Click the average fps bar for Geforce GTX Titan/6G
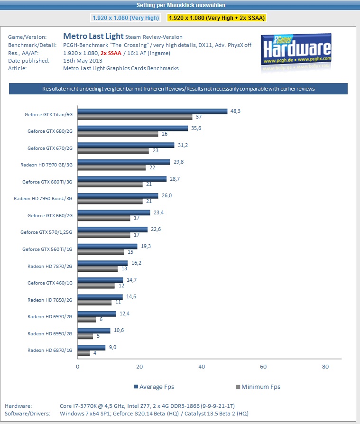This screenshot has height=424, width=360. pyautogui.click(x=152, y=111)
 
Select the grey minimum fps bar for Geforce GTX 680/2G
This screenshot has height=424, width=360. pyautogui.click(x=118, y=134)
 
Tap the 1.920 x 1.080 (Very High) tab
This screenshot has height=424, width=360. pyautogui.click(x=125, y=18)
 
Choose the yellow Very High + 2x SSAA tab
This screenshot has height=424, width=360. pyautogui.click(x=217, y=18)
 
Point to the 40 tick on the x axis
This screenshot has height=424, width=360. pyautogui.click(x=202, y=367)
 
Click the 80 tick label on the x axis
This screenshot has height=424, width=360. pyautogui.click(x=325, y=367)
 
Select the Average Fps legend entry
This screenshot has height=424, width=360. pyautogui.click(x=154, y=387)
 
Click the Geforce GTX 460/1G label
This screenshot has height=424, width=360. pyautogui.click(x=50, y=283)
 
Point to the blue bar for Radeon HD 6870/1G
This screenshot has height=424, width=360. pyautogui.click(x=92, y=348)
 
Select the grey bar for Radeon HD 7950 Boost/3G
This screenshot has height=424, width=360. pyautogui.click(x=110, y=202)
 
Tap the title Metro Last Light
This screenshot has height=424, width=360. pyautogui.click(x=93, y=36)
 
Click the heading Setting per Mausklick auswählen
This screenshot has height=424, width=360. pyautogui.click(x=180, y=5)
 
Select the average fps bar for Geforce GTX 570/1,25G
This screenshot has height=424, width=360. pyautogui.click(x=112, y=230)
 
